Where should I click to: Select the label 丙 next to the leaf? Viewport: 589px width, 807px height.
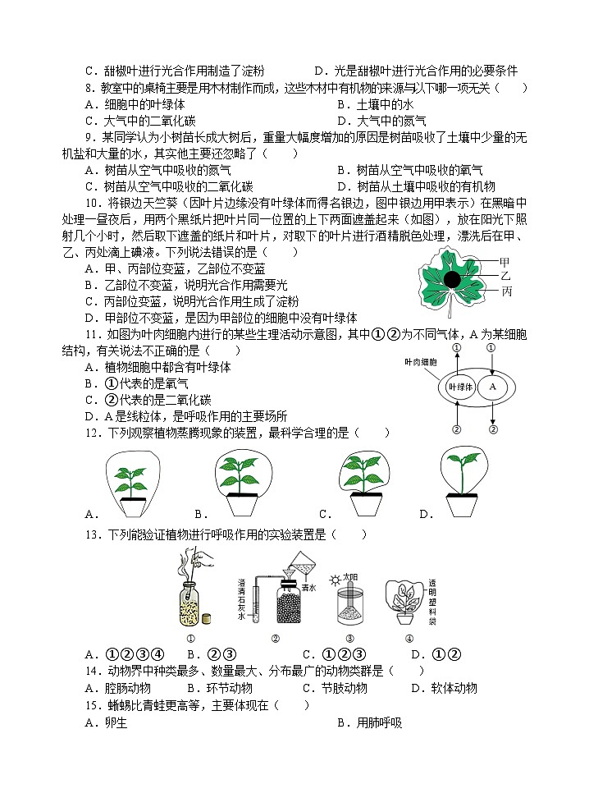tap(506, 291)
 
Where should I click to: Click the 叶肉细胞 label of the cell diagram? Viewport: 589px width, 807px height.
tap(421, 361)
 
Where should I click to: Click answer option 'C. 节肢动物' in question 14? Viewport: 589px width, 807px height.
tap(335, 688)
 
